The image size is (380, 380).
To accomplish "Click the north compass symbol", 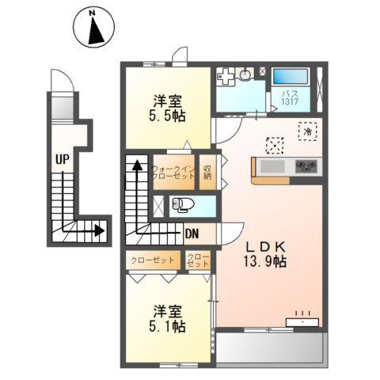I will tap(95, 30).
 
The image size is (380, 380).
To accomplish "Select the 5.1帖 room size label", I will tap(168, 318).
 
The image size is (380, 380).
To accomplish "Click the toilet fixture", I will tap(182, 205).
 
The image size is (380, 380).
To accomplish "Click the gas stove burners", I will tap(306, 166).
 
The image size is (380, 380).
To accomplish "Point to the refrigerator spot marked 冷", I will tap(306, 131).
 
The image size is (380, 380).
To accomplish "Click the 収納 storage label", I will tap(207, 172).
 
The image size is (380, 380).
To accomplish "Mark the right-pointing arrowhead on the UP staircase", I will tap(99, 231).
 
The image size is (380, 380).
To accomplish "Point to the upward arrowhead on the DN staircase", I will tap(137, 165).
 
